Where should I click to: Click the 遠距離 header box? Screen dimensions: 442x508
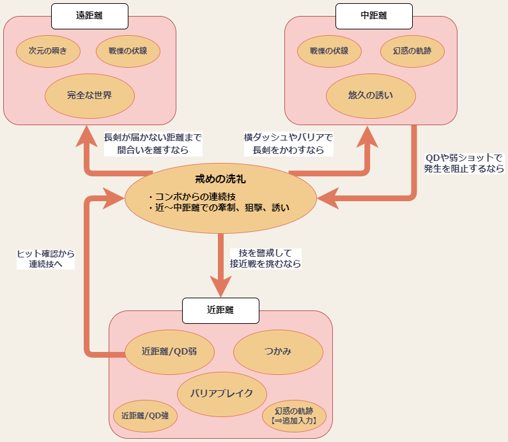tap(89, 16)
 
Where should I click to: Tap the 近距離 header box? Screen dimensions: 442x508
tap(220, 310)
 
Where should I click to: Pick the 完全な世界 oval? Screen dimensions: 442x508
tap(89, 96)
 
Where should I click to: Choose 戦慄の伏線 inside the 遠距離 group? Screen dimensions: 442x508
tap(128, 51)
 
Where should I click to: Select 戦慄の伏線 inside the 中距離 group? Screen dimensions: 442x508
tap(329, 51)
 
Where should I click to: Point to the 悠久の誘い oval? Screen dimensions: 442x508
tap(371, 96)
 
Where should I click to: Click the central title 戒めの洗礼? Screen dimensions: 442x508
tap(220, 179)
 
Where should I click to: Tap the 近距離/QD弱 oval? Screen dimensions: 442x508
tap(169, 351)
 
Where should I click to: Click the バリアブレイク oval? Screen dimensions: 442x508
tap(222, 393)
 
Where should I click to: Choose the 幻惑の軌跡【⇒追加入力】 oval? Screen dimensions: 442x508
tap(294, 415)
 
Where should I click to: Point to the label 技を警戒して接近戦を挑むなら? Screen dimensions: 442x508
tap(265, 258)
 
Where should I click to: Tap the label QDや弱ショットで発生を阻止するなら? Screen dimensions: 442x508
tap(464, 164)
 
